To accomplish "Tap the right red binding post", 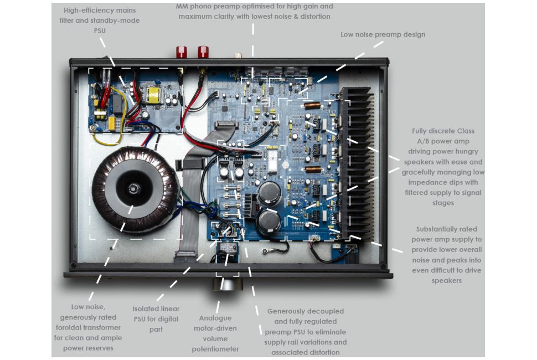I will point(203,52).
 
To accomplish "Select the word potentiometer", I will point(215,349).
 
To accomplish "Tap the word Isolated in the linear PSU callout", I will point(147,308).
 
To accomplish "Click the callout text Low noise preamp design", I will point(383,34).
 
